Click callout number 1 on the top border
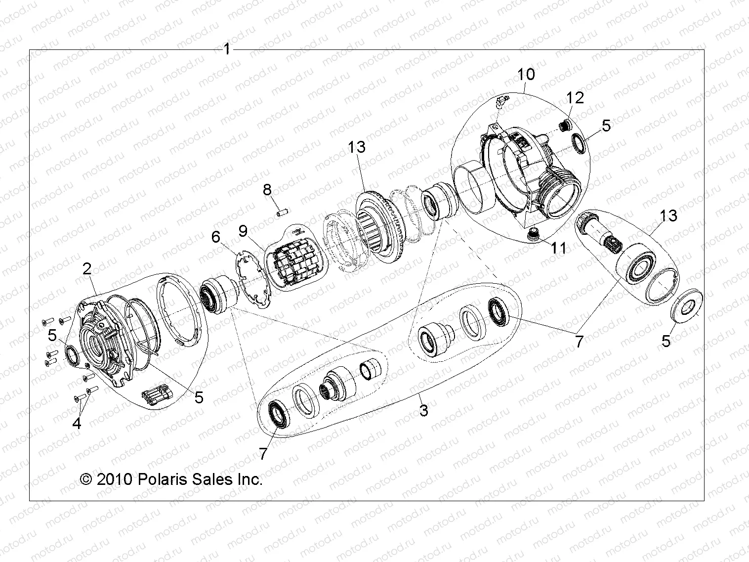pos(227,49)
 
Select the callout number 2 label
pos(87,269)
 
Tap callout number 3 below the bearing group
pos(423,410)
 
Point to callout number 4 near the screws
pos(77,423)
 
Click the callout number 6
pos(216,237)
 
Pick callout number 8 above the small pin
pos(267,189)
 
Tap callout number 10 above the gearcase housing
pos(526,75)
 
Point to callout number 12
pos(576,97)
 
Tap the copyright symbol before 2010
pos(86,479)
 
